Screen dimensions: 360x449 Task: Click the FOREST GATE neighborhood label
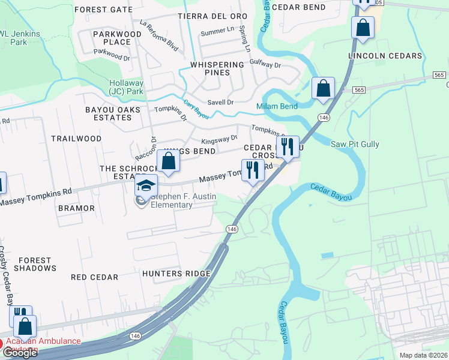[103, 10]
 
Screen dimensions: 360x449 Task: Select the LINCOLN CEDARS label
[385, 56]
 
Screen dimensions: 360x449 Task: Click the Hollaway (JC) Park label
[126, 87]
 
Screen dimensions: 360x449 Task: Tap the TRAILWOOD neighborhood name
[76, 139]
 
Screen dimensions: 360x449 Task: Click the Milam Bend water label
[277, 106]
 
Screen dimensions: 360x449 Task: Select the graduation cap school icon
[146, 185]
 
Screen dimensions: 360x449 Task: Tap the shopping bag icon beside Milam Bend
[323, 88]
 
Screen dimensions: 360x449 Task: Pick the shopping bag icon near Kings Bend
[169, 161]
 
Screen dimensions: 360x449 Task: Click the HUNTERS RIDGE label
[176, 274]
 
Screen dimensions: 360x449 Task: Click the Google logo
[19, 353]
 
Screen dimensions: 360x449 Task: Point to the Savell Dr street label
[220, 103]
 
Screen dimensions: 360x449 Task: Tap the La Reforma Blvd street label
[159, 36]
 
